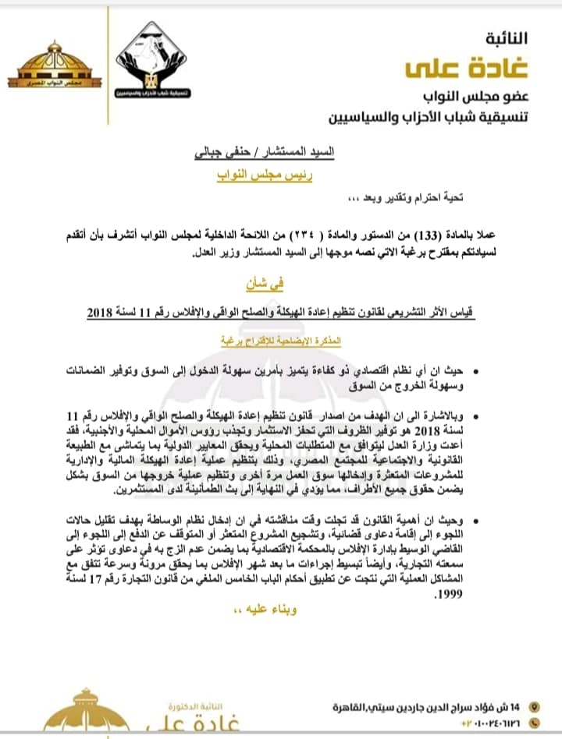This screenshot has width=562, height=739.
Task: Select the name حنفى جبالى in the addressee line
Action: coord(222,154)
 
